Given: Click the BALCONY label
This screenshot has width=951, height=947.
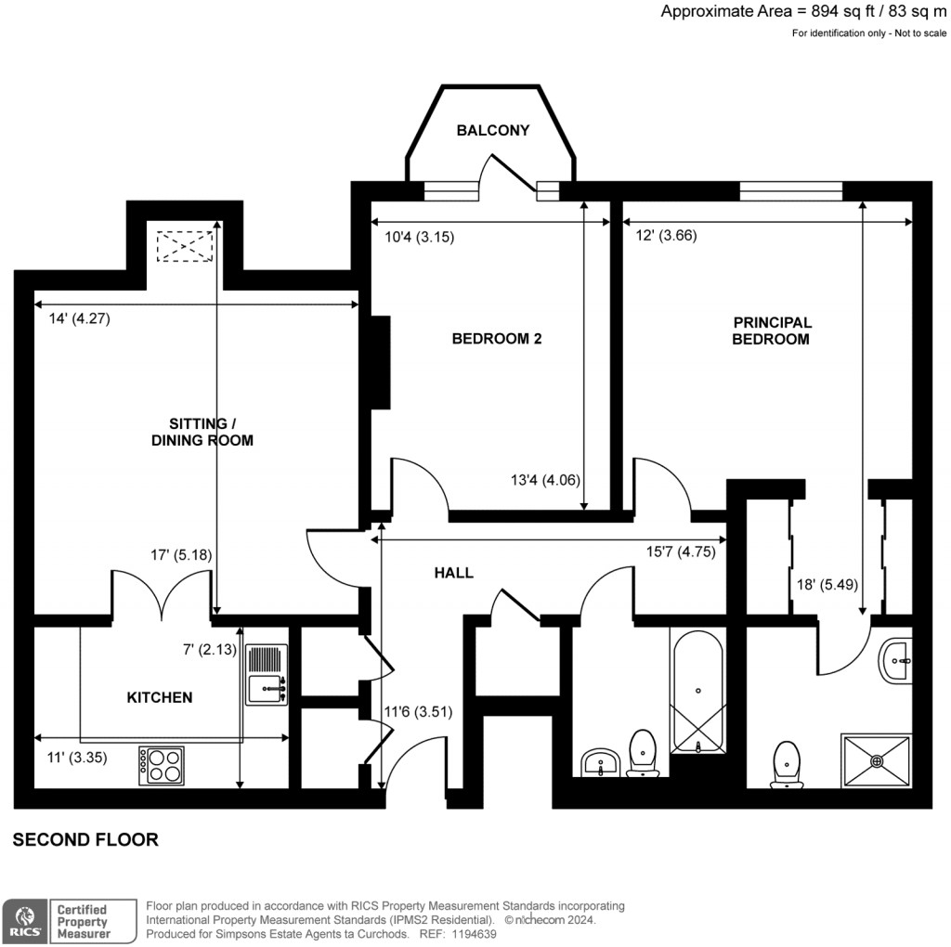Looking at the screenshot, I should pos(492,131).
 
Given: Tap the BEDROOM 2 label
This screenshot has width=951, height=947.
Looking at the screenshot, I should pos(496,339).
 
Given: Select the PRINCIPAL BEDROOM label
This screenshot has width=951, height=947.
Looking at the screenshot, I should pos(772,331).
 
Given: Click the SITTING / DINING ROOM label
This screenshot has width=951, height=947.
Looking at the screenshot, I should pos(202,432).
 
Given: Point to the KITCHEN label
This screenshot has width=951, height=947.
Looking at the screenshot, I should pos(160,697).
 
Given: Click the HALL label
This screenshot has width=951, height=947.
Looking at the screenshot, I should pos(453,573).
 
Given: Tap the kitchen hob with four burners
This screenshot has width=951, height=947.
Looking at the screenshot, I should pos(161,766).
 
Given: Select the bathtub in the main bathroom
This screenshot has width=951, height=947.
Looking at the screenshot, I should pos(697,692).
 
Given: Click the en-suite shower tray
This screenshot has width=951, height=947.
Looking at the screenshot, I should pos(877,760).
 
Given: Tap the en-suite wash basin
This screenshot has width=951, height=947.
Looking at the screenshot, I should pos(898,661).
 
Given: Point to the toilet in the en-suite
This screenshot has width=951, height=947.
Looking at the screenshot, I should pos(787,765).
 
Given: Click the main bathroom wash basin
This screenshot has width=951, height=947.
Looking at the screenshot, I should pos(601,763).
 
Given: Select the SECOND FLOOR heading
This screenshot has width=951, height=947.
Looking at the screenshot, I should pos(85,840).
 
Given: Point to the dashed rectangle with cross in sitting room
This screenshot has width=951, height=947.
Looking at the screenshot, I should pos(185,247).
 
